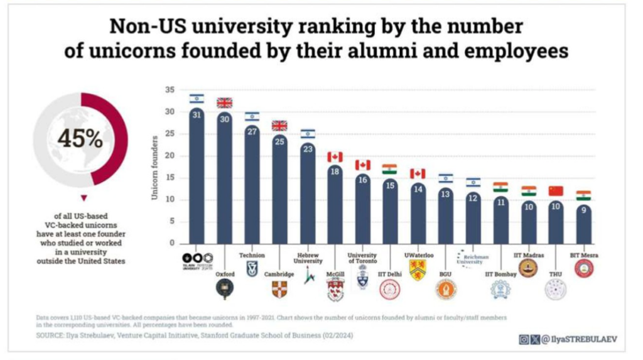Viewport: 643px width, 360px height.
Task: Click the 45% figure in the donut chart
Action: tap(80, 138)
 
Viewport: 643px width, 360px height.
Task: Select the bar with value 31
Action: tap(197, 176)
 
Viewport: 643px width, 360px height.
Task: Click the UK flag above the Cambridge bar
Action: tap(279, 125)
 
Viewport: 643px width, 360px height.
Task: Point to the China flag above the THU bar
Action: tap(556, 191)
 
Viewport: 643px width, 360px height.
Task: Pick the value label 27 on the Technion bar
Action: tap(252, 131)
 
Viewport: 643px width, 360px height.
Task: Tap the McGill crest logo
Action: tap(335, 290)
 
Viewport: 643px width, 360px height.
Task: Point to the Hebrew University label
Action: tap(308, 258)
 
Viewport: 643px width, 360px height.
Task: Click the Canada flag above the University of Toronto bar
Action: tap(362, 165)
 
